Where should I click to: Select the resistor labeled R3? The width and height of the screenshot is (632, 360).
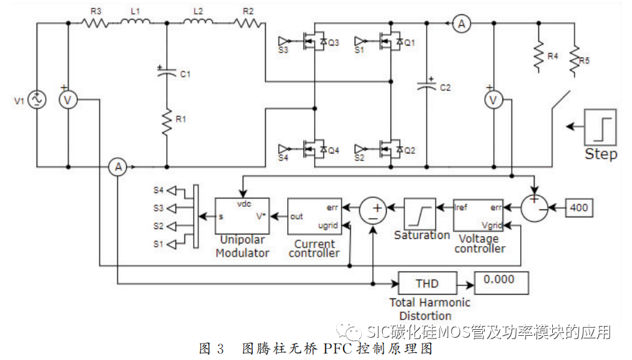pos(96,23)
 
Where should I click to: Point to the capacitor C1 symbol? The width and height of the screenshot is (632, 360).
pos(167,74)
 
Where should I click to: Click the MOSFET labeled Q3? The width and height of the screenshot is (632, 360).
pos(312,43)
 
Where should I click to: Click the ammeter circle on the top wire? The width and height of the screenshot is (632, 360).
pos(462,24)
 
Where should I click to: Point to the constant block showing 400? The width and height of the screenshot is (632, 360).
pos(578,209)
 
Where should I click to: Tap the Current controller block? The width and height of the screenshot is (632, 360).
pos(314,216)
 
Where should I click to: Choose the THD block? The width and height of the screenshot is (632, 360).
pos(427,284)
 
